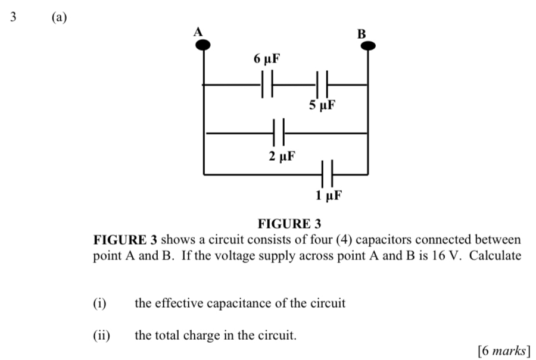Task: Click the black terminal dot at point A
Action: click(x=204, y=45)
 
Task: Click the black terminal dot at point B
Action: click(x=369, y=46)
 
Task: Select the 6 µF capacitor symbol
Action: click(x=266, y=85)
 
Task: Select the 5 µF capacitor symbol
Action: click(x=322, y=85)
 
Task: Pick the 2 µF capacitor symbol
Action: click(x=279, y=133)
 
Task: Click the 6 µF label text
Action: click(x=266, y=60)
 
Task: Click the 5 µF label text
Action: click(x=322, y=107)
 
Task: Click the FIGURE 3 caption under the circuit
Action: click(x=289, y=224)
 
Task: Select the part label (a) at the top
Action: click(x=58, y=17)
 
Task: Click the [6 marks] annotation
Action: click(x=504, y=351)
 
